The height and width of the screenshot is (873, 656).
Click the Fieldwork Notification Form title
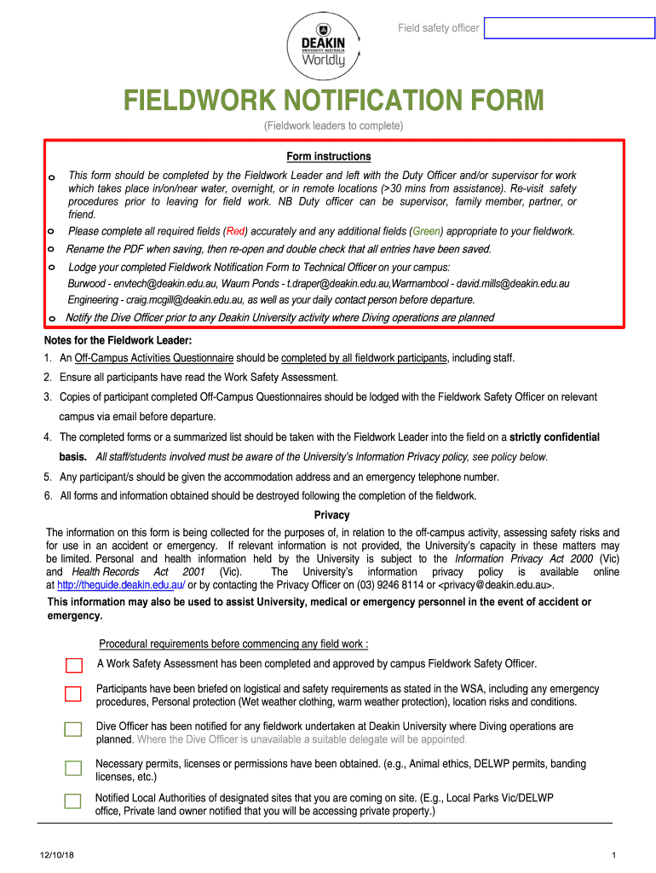click(334, 101)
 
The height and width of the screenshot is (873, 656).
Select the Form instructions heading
click(328, 156)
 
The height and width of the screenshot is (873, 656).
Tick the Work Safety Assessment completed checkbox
click(74, 665)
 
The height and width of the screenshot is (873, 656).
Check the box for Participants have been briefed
click(74, 694)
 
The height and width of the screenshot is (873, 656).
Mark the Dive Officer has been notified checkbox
click(74, 729)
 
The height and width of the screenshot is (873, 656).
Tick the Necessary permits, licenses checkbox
click(74, 768)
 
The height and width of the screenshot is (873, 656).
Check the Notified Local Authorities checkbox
click(74, 801)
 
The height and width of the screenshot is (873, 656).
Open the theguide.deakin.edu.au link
click(121, 585)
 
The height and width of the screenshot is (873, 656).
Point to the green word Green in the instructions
click(426, 231)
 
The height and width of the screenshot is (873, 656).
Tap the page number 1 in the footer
click(613, 855)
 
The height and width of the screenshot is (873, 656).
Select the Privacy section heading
click(331, 515)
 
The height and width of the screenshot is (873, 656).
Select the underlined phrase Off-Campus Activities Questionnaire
click(154, 358)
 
